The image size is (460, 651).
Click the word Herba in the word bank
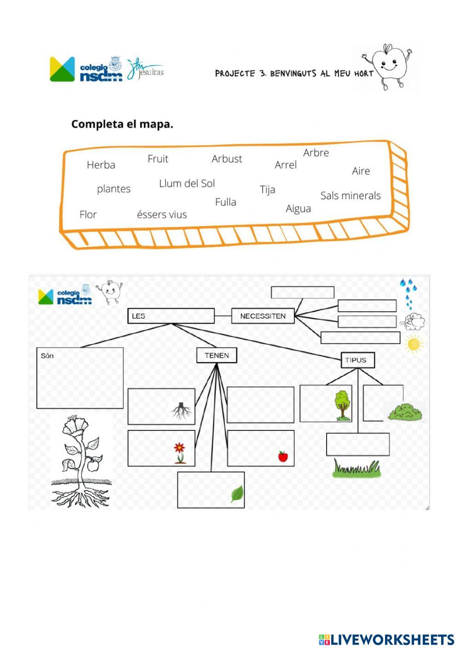(101, 165)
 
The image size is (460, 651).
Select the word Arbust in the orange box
(226, 159)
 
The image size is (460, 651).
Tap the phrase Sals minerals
(351, 196)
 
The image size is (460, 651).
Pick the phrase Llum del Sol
(187, 184)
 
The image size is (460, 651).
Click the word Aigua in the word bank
(298, 209)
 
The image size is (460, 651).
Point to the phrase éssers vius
(162, 215)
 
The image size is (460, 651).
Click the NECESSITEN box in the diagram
(263, 316)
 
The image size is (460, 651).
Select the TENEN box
(217, 355)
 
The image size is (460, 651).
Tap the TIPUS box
(357, 360)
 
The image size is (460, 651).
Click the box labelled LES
(171, 316)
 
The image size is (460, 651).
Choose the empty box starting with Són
(80, 378)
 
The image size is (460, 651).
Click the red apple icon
(283, 456)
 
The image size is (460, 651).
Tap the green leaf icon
(237, 494)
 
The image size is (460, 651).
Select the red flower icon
(179, 452)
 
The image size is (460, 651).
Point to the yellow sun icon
(414, 344)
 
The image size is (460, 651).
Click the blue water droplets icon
(408, 293)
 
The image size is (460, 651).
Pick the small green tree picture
(342, 405)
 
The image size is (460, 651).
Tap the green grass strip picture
(357, 469)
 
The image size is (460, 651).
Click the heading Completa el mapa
(122, 124)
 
